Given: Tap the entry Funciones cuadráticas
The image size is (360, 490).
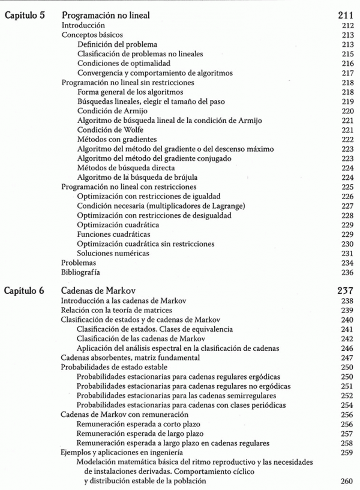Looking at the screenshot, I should (x=113, y=234).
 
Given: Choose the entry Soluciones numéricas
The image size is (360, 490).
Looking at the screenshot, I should (x=112, y=253).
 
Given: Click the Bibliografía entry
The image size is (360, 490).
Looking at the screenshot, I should (x=82, y=272).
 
